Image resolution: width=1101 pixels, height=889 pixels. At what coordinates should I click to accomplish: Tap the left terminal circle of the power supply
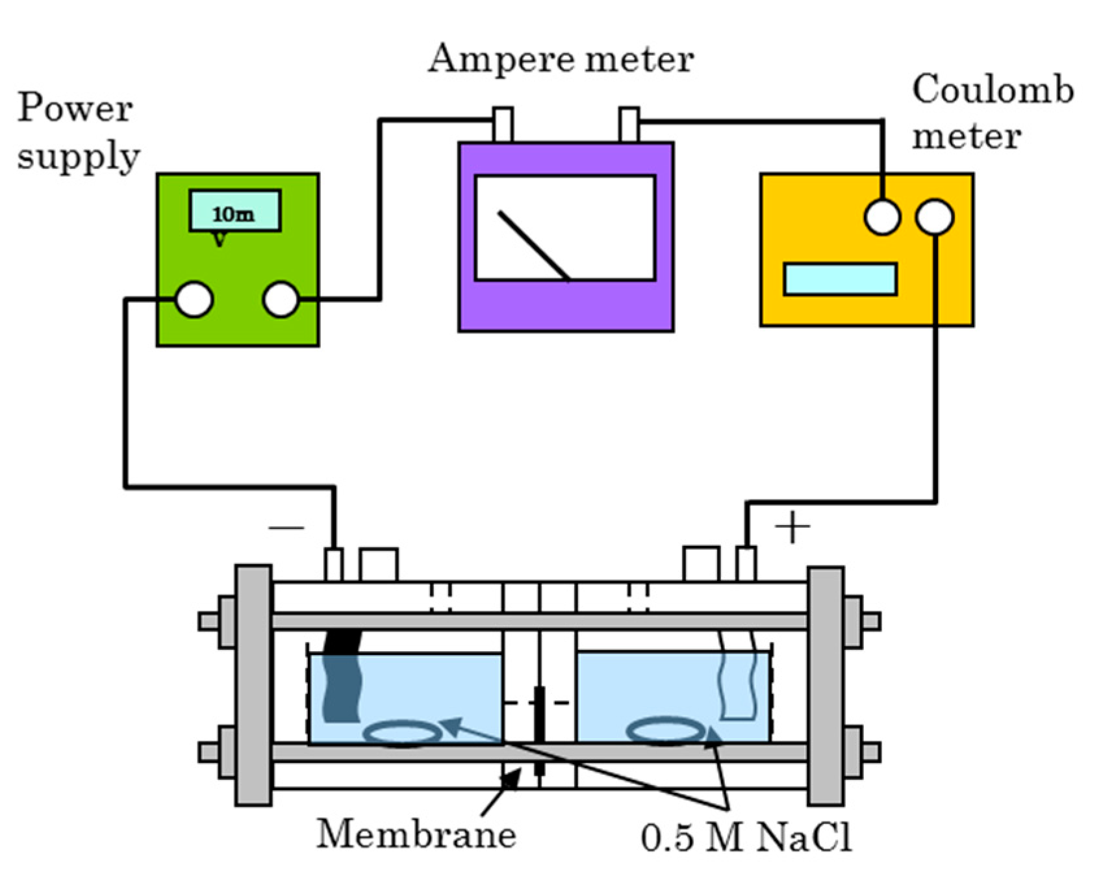pyautogui.click(x=194, y=299)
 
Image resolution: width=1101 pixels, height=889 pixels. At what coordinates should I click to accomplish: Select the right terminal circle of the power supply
pyautogui.click(x=281, y=299)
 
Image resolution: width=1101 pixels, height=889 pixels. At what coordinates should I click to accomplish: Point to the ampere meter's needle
pyautogui.click(x=534, y=246)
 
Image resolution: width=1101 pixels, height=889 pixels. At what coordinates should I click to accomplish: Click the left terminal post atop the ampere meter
pyautogui.click(x=502, y=125)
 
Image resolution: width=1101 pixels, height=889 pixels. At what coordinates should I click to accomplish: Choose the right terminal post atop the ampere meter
pyautogui.click(x=629, y=125)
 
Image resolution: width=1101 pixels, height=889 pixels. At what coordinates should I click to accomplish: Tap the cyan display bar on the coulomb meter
pyautogui.click(x=840, y=279)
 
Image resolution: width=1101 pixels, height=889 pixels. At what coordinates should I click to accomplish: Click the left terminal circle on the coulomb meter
pyautogui.click(x=882, y=216)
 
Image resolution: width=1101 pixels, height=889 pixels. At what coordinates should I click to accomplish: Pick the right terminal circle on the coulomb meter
pyautogui.click(x=935, y=216)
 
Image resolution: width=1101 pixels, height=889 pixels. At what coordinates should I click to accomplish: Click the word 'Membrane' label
pyautogui.click(x=416, y=834)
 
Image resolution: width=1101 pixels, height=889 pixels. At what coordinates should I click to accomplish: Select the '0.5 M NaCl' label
pyautogui.click(x=746, y=838)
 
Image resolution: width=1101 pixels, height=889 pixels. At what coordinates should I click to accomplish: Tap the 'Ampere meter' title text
pyautogui.click(x=561, y=60)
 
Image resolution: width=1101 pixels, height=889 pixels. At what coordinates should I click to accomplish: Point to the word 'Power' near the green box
pyautogui.click(x=75, y=108)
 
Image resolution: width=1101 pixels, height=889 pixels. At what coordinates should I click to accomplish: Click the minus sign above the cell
pyautogui.click(x=286, y=527)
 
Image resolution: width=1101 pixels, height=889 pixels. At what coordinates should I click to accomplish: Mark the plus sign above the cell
pyautogui.click(x=792, y=527)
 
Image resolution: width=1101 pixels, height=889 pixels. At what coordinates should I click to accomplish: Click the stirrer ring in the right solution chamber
pyautogui.click(x=666, y=731)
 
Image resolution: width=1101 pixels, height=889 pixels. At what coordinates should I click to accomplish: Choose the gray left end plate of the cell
pyautogui.click(x=253, y=686)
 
